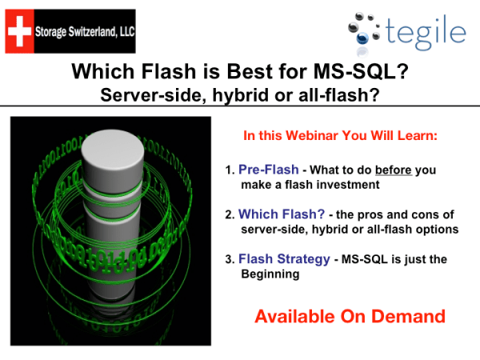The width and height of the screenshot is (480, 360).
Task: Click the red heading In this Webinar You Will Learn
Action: click(340, 136)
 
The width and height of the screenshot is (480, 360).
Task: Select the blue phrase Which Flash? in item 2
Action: click(278, 214)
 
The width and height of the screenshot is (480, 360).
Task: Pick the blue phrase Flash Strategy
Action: click(282, 259)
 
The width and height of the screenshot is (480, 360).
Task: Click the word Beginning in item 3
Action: click(270, 274)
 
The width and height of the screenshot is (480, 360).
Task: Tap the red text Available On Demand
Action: click(350, 316)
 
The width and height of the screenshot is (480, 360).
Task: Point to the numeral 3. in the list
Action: click(230, 260)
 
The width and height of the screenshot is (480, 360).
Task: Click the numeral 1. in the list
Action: click(230, 171)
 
